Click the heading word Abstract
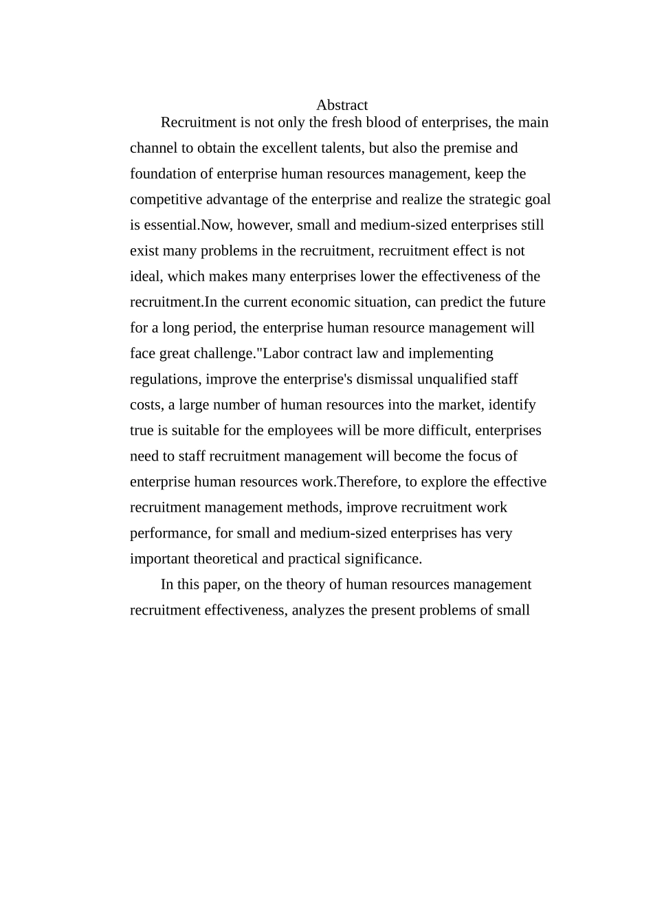pyautogui.click(x=342, y=105)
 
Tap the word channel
pyautogui.click(x=152, y=148)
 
